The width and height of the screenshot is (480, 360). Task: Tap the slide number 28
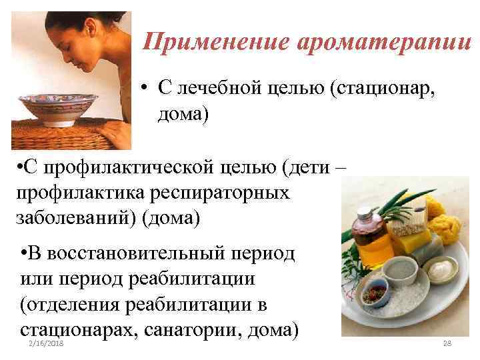(448, 343)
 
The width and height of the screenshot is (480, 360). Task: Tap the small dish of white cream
(441, 270)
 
